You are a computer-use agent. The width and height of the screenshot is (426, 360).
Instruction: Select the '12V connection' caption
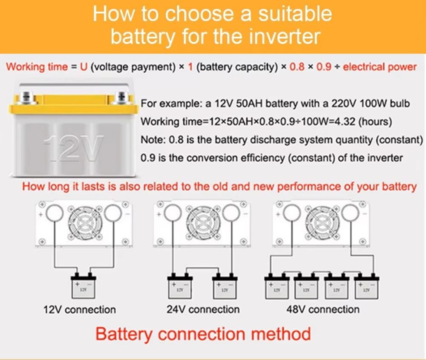(80, 309)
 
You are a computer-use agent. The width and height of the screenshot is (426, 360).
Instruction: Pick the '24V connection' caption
(203, 309)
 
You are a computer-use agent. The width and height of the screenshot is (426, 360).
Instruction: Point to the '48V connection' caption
(323, 309)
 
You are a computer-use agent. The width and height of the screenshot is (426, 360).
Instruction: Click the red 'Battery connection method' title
(203, 334)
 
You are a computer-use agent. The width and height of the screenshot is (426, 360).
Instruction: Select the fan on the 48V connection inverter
(322, 220)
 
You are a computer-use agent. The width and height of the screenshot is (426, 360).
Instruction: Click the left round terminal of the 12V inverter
(55, 213)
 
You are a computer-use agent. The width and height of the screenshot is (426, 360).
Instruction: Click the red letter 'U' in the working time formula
(83, 67)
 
